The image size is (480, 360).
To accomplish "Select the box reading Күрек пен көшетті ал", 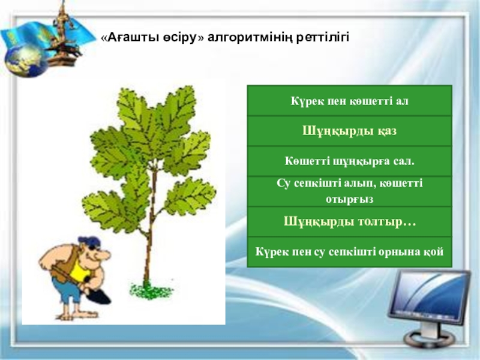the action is [x=349, y=101].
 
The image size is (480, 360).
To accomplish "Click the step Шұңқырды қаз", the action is [x=349, y=131].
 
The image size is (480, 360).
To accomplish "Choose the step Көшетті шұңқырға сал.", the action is [x=349, y=161].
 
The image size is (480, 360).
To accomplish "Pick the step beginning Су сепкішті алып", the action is [x=349, y=191].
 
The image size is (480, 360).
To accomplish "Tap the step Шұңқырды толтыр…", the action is [x=349, y=221].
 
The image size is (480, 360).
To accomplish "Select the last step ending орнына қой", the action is [x=349, y=251].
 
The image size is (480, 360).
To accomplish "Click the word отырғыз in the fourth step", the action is [x=349, y=199].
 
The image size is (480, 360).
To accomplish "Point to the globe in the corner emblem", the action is [x=26, y=61].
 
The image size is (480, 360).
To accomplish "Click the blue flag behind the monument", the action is [x=46, y=34].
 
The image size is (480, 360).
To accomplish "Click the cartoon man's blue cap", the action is [x=89, y=241].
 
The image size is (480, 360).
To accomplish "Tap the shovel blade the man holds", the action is [x=98, y=296].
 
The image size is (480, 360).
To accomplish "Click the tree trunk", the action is [x=150, y=227].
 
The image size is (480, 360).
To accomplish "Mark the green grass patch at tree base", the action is [x=151, y=291].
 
